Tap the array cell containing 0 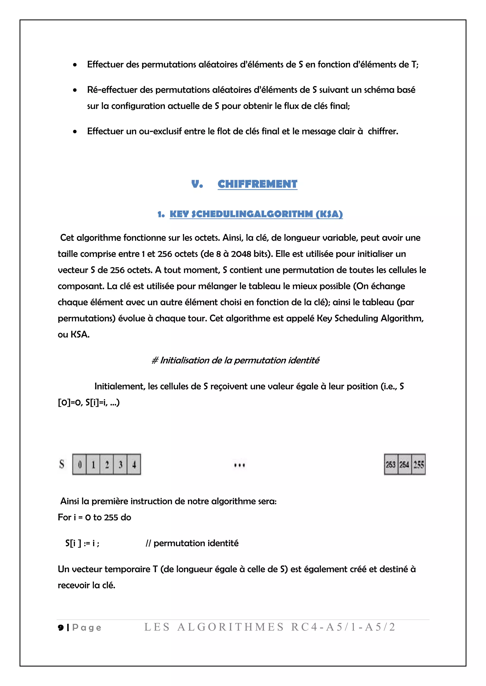pyautogui.click(x=79, y=464)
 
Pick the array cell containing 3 pyautogui.click(x=120, y=464)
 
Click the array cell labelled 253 pyautogui.click(x=391, y=464)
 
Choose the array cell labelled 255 pyautogui.click(x=419, y=464)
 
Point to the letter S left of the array pyautogui.click(x=62, y=464)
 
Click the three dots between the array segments pyautogui.click(x=239, y=465)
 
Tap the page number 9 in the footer pyautogui.click(x=61, y=627)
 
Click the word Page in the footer pyautogui.click(x=87, y=627)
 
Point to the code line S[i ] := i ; pyautogui.click(x=82, y=543)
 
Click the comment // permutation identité pyautogui.click(x=192, y=543)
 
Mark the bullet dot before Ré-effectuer pyautogui.click(x=75, y=90)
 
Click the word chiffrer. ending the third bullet pyautogui.click(x=383, y=131)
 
